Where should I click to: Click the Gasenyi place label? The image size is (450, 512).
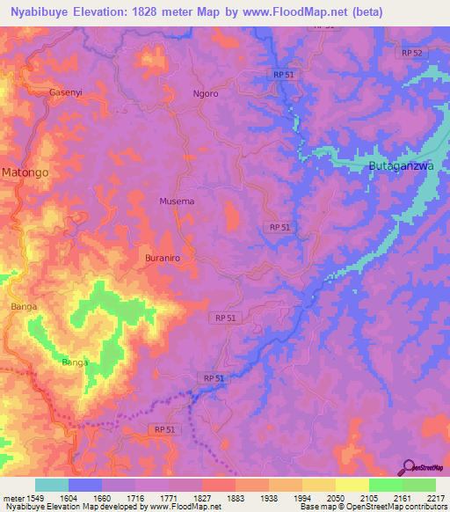tap(65, 92)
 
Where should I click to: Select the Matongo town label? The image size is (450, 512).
tap(25, 173)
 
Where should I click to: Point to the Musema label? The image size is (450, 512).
tap(177, 201)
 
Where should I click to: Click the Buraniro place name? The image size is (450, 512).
tap(162, 259)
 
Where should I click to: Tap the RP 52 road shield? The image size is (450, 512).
tap(411, 54)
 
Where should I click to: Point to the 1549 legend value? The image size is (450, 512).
tap(33, 497)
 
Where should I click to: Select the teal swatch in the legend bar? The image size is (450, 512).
tap(52, 485)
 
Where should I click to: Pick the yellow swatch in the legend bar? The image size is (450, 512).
tap(352, 485)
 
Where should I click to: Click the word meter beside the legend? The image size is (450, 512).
tap(11, 497)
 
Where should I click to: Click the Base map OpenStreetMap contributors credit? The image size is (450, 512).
tap(373, 508)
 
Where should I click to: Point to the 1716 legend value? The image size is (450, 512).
tap(135, 497)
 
